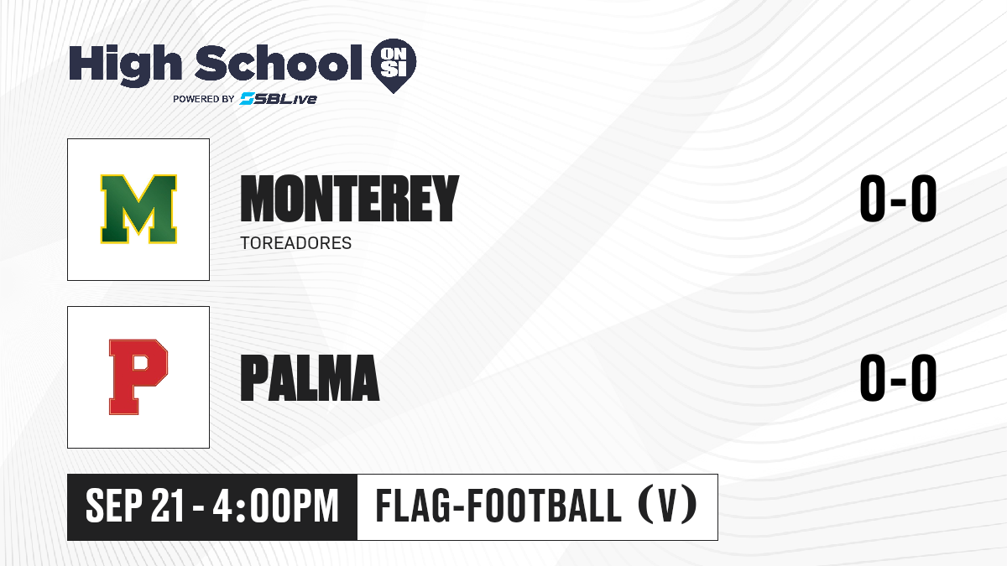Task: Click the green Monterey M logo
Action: click(138, 209)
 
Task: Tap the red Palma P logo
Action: click(138, 376)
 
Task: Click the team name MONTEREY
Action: click(350, 199)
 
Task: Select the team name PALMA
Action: click(310, 377)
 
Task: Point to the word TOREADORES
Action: click(295, 243)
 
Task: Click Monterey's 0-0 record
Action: click(898, 199)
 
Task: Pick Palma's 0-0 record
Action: click(898, 377)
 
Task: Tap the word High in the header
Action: click(125, 65)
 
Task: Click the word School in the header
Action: click(279, 63)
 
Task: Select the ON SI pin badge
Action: click(394, 65)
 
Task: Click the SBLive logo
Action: click(278, 99)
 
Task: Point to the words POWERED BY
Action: click(204, 99)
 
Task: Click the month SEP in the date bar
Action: click(114, 506)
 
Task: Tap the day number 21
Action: click(168, 506)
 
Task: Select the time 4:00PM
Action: click(275, 506)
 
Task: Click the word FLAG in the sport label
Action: click(414, 506)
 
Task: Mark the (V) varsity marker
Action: click(668, 506)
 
